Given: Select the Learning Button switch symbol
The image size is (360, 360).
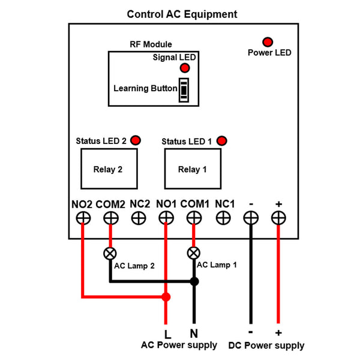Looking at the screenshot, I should (184, 89).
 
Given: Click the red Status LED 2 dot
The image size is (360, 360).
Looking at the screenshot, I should (136, 140).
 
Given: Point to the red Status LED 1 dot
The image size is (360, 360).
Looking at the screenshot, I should (223, 141).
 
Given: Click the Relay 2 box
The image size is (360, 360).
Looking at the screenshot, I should (108, 169).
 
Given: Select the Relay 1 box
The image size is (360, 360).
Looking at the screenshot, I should (193, 169).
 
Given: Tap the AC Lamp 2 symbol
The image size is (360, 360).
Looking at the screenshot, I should (110, 252).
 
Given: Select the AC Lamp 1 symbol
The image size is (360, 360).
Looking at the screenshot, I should (194, 252).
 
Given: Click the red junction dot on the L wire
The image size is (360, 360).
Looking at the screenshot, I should (166, 296).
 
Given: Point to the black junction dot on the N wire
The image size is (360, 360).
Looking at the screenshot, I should (194, 281).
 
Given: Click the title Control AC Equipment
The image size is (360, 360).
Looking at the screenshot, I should (182, 14).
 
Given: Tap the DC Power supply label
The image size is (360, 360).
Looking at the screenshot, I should (266, 346).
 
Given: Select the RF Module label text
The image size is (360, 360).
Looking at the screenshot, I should (151, 44).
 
